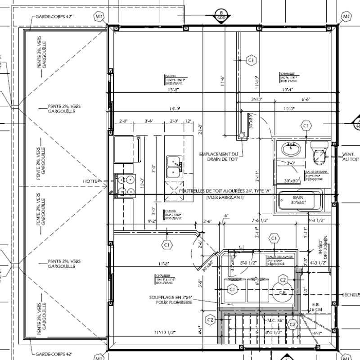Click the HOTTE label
point(90,181)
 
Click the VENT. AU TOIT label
point(351,156)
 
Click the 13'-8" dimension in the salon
point(174,90)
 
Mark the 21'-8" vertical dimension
point(200,130)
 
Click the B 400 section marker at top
point(220,15)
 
